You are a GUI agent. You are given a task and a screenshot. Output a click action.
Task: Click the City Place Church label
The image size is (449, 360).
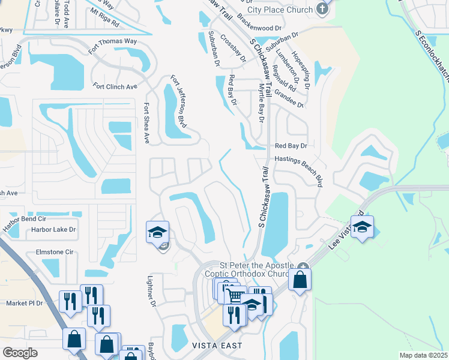pos(280,10)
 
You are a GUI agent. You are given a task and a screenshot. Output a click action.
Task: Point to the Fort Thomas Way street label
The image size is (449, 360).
pos(113,45)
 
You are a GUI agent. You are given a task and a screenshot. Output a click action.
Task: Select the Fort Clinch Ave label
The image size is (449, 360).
pos(115,86)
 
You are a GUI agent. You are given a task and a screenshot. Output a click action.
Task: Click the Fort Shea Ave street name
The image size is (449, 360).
pos(146,122)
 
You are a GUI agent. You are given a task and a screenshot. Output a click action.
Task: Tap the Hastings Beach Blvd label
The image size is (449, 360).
pos(299,170)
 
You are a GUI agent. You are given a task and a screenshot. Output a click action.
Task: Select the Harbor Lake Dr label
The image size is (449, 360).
pos(53,229)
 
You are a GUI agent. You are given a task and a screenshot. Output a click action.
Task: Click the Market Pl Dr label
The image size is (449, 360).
pos(25,303)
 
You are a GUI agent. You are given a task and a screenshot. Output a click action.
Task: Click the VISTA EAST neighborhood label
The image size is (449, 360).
pos(217,346)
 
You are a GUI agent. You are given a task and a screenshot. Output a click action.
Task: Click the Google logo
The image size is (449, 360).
pos(20,352)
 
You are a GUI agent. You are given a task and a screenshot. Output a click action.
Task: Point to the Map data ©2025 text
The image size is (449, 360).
pos(423,355)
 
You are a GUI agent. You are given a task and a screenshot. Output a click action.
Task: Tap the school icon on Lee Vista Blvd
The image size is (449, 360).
pos(362,227)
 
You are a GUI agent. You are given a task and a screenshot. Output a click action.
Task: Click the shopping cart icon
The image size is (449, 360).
pos(235,295)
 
